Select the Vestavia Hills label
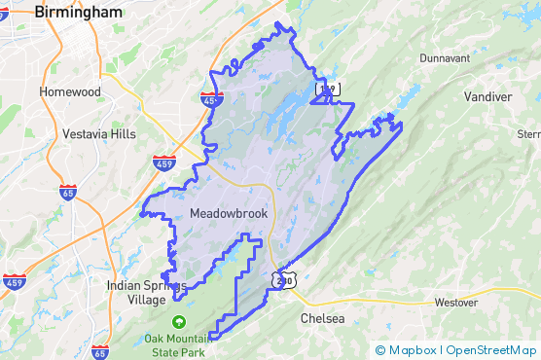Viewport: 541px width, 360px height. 99,134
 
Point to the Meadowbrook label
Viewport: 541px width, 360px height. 229,213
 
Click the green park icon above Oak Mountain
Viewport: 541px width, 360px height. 178,321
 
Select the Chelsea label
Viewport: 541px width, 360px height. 322,319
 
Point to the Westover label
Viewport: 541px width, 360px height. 456,303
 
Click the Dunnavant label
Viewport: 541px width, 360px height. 445,58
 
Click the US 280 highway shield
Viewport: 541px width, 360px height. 282,278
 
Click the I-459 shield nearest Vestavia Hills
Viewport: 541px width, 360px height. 163,162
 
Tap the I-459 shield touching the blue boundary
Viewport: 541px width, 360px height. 212,99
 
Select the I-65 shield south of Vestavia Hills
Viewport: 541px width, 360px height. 68,194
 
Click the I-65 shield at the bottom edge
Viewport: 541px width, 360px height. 99,352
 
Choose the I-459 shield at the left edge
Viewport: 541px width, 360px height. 14,282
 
